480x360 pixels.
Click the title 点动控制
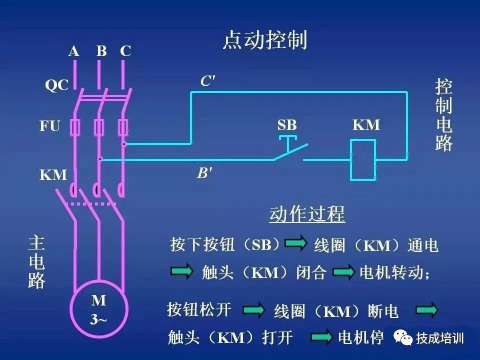tap(264, 40)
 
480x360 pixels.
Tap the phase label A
tap(74, 51)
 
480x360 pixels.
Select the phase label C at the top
tap(125, 51)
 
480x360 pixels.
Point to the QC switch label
tap(56, 85)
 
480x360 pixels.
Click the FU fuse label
tap(49, 126)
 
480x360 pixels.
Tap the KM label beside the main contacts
tap(53, 175)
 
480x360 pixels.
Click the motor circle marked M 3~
tap(98, 310)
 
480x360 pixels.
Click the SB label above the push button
tap(287, 124)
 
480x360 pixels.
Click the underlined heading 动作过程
tap(307, 214)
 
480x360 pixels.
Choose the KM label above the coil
tap(366, 124)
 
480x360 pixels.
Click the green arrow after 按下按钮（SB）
tap(295, 243)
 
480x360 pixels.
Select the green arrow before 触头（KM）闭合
tap(181, 272)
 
